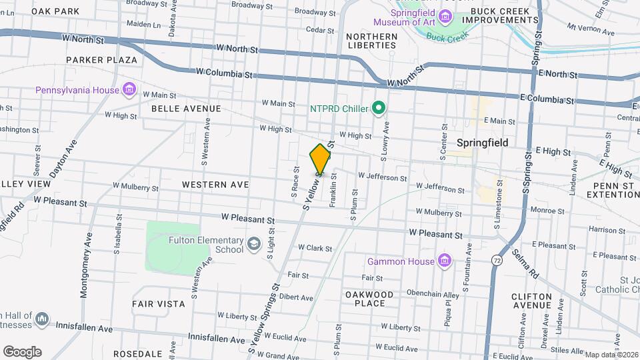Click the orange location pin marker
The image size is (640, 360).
point(321,159)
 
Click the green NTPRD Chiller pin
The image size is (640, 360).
point(379,107)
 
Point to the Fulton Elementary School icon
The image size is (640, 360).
point(253,245)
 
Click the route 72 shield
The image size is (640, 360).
point(498,259)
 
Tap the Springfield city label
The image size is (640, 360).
point(483,143)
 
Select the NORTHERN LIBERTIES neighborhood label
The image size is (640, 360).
point(371,41)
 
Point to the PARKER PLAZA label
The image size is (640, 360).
point(101,60)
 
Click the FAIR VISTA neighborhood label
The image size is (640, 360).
point(159,304)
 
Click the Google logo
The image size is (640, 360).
point(22,351)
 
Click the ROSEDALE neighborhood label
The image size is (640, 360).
point(138,353)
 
